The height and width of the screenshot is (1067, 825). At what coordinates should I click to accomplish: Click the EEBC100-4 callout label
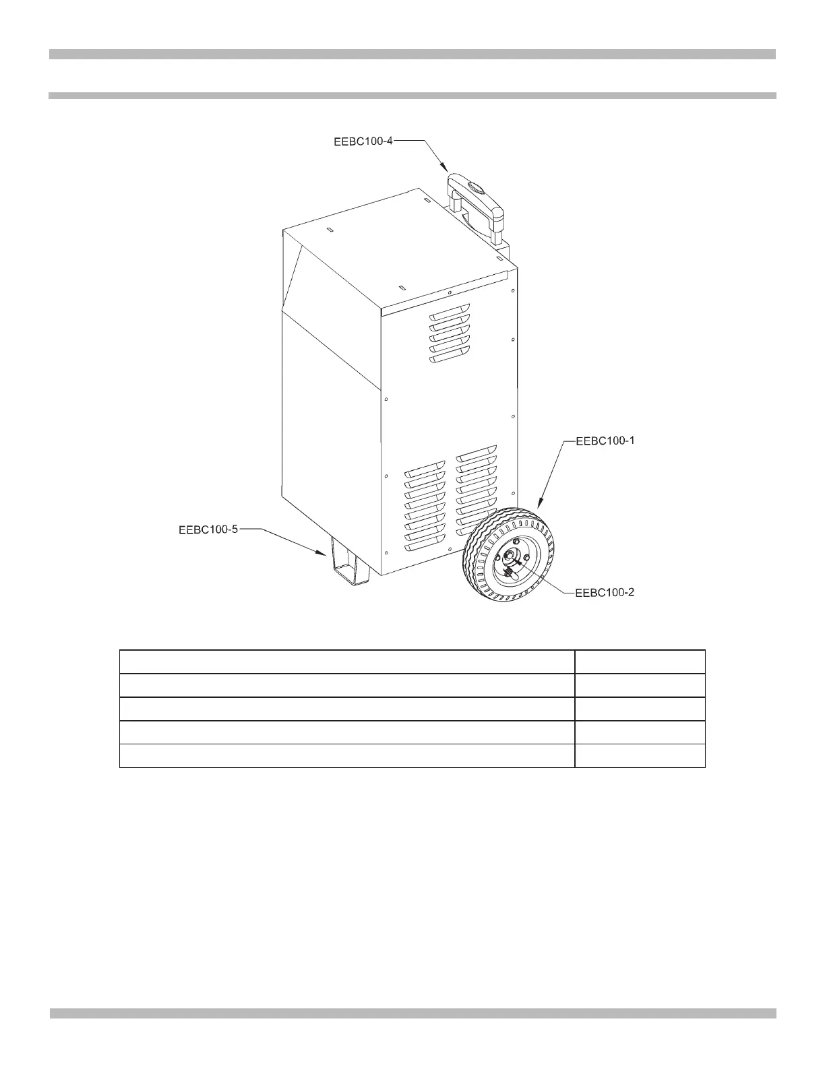(363, 141)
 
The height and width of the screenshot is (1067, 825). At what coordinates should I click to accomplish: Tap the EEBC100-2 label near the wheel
(605, 593)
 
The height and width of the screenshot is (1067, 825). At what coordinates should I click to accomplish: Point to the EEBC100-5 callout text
(208, 530)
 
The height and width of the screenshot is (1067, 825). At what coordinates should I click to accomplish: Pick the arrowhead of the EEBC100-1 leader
(541, 502)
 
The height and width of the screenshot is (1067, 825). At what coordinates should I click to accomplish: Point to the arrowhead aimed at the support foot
(323, 552)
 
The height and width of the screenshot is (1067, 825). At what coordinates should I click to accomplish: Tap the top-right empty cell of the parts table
(640, 661)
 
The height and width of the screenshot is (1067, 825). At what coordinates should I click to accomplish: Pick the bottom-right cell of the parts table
(640, 756)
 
